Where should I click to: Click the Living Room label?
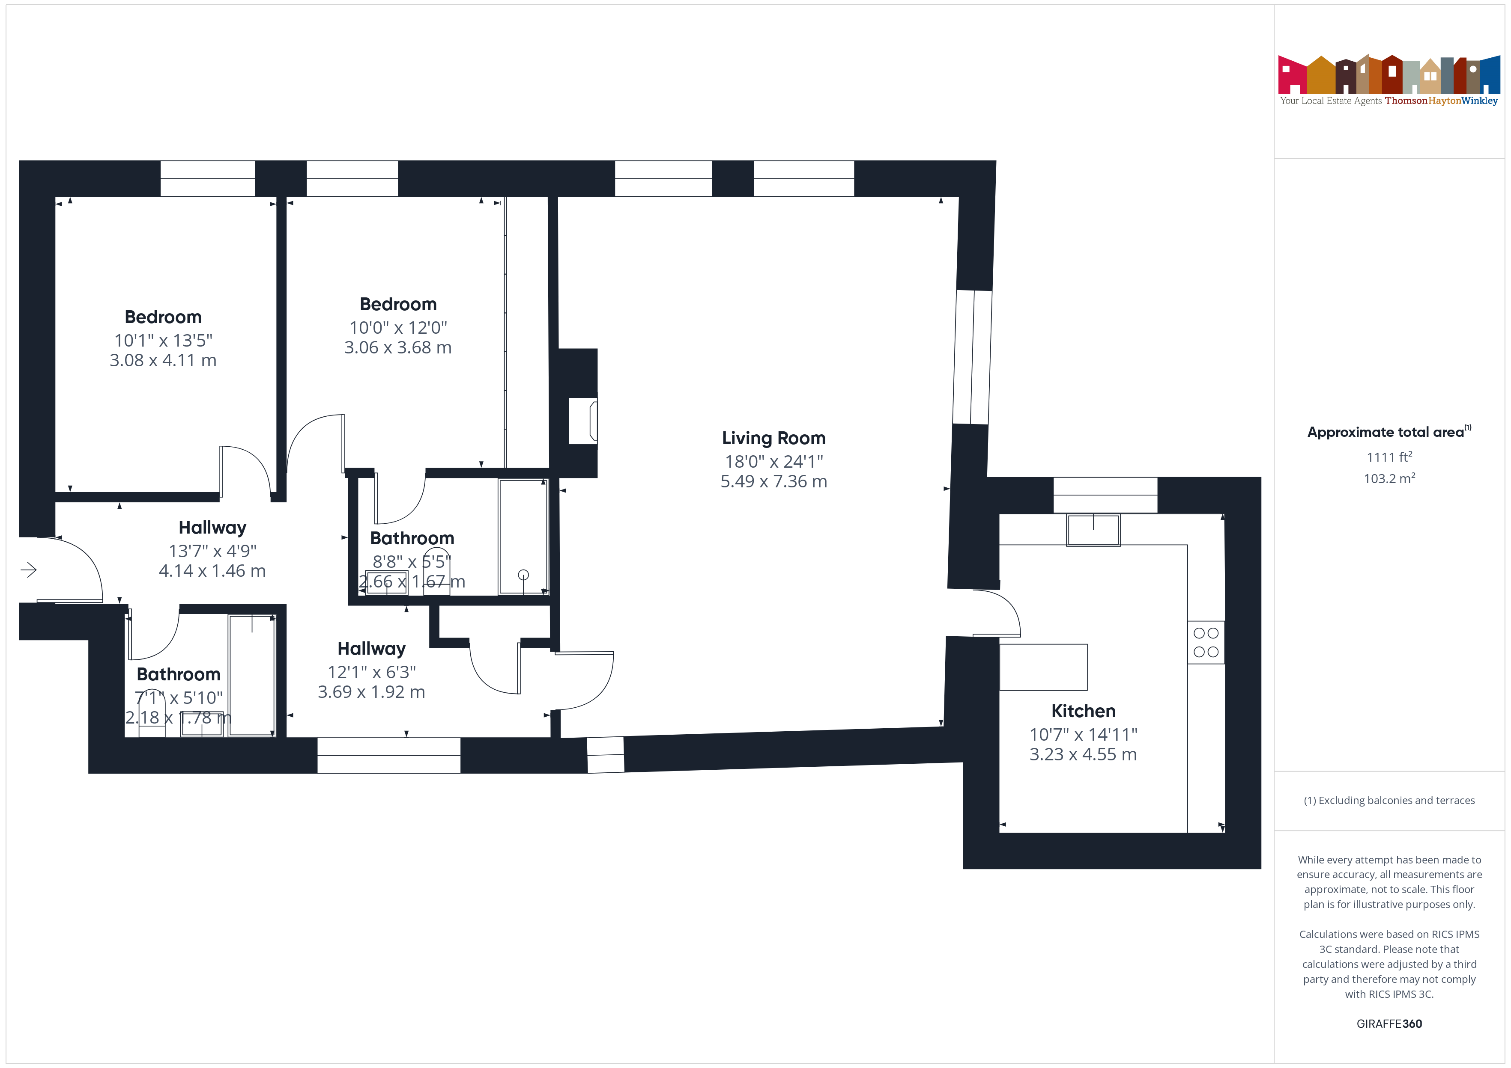point(773,438)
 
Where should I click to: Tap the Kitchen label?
point(1083,711)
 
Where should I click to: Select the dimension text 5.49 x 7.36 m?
point(773,481)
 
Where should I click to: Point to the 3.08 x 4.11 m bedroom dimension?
point(163,360)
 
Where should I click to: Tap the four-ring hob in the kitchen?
point(1206,643)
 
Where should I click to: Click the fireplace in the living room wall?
point(583,421)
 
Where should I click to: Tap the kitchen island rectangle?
point(1043,667)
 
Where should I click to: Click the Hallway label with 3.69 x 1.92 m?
point(371,649)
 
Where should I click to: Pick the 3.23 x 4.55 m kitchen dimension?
point(1083,754)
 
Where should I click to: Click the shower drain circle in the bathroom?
point(523,575)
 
